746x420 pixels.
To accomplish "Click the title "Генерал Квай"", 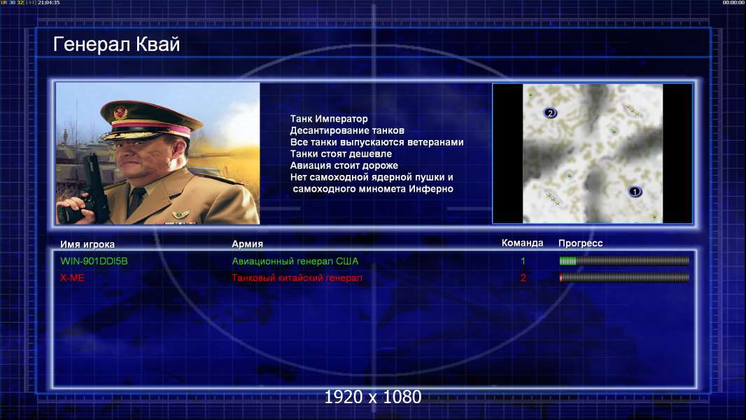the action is coord(117,44).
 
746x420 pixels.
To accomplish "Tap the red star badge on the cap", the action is coord(120,113).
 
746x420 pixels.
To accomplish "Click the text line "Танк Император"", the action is coord(329,119).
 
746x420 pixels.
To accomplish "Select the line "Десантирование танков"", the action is coord(347,130).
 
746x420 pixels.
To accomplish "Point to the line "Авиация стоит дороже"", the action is coord(344,165).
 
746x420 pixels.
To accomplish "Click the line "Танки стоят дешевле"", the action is coord(341,153).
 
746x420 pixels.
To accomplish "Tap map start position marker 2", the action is coord(550,113).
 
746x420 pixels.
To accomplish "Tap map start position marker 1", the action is coord(635,192).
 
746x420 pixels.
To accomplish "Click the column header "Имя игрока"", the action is coord(87,244).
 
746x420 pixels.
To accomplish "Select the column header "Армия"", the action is coord(248,244).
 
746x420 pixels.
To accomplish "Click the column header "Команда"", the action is coord(522,243).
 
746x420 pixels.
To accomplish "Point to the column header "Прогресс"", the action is coord(580,243).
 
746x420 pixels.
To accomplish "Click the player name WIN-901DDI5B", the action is coord(94,261).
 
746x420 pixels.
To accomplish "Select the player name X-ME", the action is coord(72,278).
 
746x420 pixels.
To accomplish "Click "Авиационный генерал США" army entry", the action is coord(295,261).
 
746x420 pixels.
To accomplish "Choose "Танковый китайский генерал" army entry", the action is coord(297,278).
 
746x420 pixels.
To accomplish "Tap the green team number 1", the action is coord(523,261).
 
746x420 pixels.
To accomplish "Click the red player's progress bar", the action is coord(624,277).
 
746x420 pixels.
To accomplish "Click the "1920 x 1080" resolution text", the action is coord(373,397).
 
